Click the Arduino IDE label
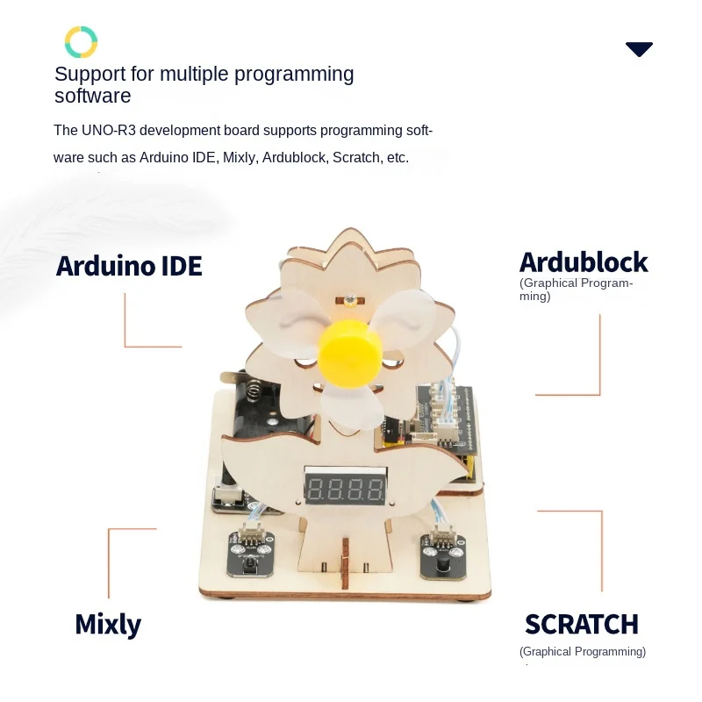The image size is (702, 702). click(129, 266)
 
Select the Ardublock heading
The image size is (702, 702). click(583, 262)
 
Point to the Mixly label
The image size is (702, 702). click(108, 624)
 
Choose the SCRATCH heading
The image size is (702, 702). click(581, 625)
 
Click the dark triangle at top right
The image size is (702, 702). click(639, 49)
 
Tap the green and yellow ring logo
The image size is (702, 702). click(81, 42)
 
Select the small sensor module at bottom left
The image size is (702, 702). click(249, 554)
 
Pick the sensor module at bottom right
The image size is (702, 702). click(442, 554)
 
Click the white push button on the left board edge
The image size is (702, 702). click(227, 497)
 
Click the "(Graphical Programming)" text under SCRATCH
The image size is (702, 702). click(582, 652)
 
